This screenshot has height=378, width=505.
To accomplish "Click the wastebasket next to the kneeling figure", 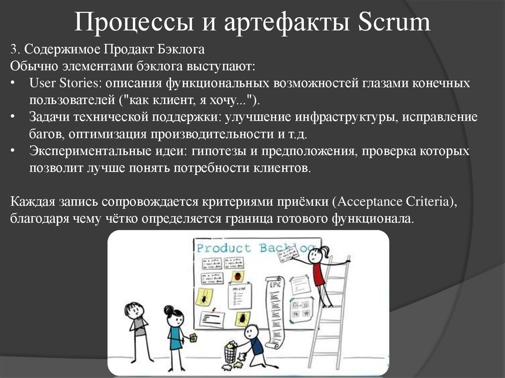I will pos(230,353).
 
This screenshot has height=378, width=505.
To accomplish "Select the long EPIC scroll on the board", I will pos(275,310).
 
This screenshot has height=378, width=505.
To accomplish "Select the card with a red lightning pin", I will pos(213,315).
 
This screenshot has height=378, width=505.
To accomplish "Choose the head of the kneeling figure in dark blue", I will pos(252,331).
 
